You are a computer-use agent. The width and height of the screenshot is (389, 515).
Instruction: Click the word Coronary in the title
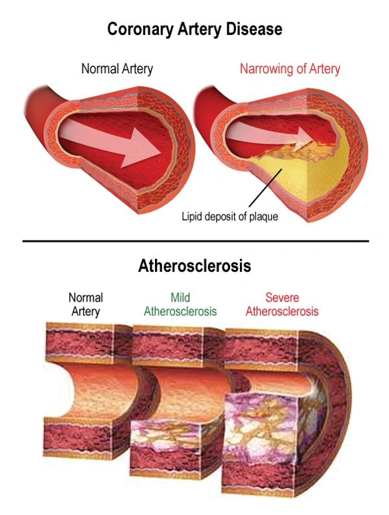coord(141,29)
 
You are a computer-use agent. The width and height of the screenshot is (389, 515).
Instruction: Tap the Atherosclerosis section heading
coord(194,265)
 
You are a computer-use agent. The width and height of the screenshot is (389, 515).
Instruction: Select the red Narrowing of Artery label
coord(290,69)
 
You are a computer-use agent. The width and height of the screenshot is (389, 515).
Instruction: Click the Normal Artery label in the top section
coord(117,69)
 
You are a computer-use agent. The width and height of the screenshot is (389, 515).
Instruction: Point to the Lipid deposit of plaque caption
coord(230,217)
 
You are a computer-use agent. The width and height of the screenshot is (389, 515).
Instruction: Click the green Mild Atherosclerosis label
coord(180,304)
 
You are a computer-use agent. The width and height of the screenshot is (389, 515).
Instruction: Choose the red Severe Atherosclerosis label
coord(282,304)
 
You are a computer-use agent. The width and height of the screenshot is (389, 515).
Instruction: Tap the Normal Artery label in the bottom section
coord(86,304)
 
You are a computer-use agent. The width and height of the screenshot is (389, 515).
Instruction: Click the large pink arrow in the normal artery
coord(110,142)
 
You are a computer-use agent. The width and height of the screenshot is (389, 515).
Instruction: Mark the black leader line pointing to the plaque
coord(265,188)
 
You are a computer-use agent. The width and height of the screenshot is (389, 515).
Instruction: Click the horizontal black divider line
coord(196,241)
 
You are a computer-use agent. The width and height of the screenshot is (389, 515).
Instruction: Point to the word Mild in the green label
coord(180,298)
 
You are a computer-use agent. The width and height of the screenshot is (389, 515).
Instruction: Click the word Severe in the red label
coord(282,298)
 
